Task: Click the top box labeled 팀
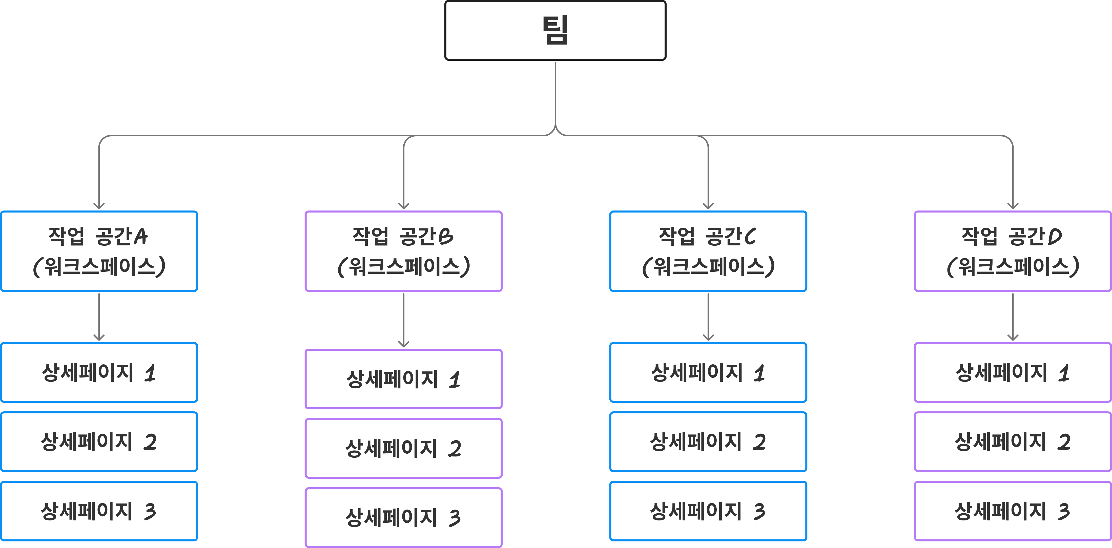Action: click(x=555, y=30)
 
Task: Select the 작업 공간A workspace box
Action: click(x=99, y=251)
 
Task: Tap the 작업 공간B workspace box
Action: click(x=404, y=251)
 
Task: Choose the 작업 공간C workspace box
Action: click(x=708, y=251)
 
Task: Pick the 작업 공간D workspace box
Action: click(x=1013, y=251)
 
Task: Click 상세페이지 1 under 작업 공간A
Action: click(x=99, y=372)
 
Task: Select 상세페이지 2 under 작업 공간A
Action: click(x=99, y=441)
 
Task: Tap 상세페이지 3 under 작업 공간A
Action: click(x=99, y=511)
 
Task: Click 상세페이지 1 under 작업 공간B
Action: click(x=404, y=379)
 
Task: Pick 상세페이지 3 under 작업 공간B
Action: click(x=404, y=517)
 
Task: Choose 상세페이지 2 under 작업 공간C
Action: click(x=708, y=441)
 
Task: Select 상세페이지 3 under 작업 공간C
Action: click(x=708, y=511)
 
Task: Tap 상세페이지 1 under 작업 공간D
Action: click(x=1013, y=372)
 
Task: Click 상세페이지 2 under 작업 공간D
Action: click(x=1013, y=441)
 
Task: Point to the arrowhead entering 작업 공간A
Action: click(x=99, y=206)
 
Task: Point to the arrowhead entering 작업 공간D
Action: click(x=1013, y=206)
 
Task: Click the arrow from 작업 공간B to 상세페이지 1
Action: click(x=404, y=320)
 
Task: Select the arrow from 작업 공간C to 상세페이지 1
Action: click(x=708, y=317)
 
